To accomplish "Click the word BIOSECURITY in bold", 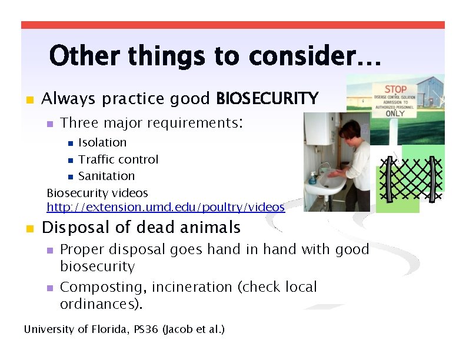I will [267, 98].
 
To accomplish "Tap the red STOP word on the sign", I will [395, 89].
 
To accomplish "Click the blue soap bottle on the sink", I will [313, 177].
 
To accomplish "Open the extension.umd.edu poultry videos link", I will [166, 207].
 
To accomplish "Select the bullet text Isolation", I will [102, 142].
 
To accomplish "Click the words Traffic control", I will [118, 159].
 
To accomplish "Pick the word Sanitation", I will [106, 176].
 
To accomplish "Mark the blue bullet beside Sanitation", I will [71, 176].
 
